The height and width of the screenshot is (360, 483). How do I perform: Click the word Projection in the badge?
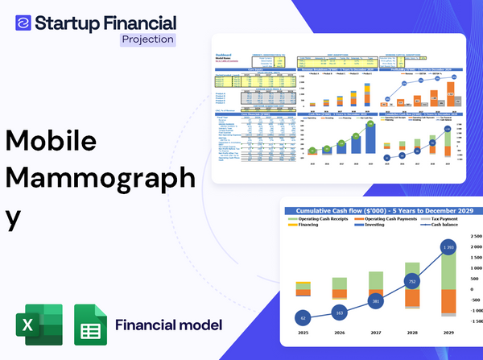coord(148,39)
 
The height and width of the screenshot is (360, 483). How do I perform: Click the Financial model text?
coord(168,326)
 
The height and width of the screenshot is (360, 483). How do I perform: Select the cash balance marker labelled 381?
coord(375,301)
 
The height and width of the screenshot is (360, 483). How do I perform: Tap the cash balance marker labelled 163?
coord(339,312)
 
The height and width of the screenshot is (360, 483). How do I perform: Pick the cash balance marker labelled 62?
coord(303,318)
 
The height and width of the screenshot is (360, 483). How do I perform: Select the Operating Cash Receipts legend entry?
coord(330,219)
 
